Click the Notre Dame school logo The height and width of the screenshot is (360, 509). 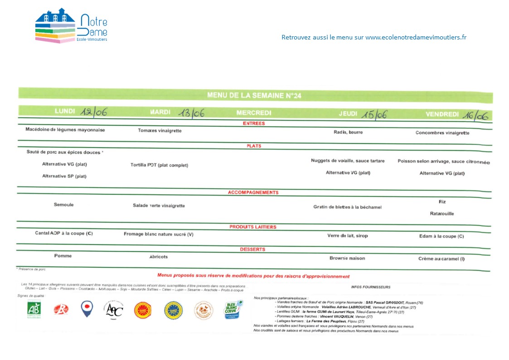pyautogui.click(x=71, y=26)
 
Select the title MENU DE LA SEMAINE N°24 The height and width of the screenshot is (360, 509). pyautogui.click(x=254, y=95)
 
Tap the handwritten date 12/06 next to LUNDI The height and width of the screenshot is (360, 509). pyautogui.click(x=93, y=112)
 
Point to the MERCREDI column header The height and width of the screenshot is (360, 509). pyautogui.click(x=254, y=113)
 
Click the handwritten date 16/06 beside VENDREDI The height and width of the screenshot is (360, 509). pyautogui.click(x=475, y=115)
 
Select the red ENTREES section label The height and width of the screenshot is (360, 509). pyautogui.click(x=254, y=123)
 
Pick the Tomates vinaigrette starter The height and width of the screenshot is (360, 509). pyautogui.click(x=160, y=131)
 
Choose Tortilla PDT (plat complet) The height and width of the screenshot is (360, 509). pyautogui.click(x=159, y=165)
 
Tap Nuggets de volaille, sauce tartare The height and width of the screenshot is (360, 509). pyautogui.click(x=348, y=161)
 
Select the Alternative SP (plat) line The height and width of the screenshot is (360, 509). pyautogui.click(x=64, y=176)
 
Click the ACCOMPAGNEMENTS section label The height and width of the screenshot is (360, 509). pyautogui.click(x=253, y=193)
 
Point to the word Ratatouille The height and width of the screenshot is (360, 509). pyautogui.click(x=442, y=214)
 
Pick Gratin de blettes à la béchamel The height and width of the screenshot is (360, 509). pyautogui.click(x=347, y=207)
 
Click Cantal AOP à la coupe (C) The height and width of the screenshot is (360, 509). pyautogui.click(x=64, y=234)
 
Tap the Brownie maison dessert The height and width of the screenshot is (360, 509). pyautogui.click(x=347, y=258)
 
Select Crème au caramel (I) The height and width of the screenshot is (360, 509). pyautogui.click(x=441, y=259)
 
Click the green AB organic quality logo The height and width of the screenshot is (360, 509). pyautogui.click(x=34, y=310)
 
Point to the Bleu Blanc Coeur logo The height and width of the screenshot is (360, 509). pyautogui.click(x=233, y=310)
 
